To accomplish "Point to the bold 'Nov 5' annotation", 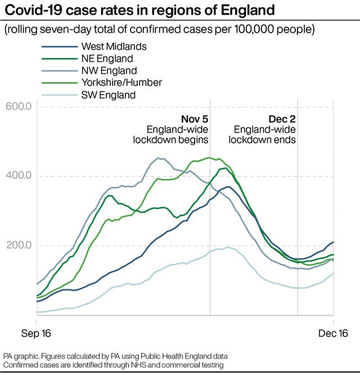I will pos(194,119).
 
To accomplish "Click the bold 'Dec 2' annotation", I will pos(281,119).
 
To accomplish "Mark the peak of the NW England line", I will pos(158,158).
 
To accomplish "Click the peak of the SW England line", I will pos(227,247).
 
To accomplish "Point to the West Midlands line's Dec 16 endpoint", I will pos(334,242).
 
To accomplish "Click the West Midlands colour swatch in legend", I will pos(58,47).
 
